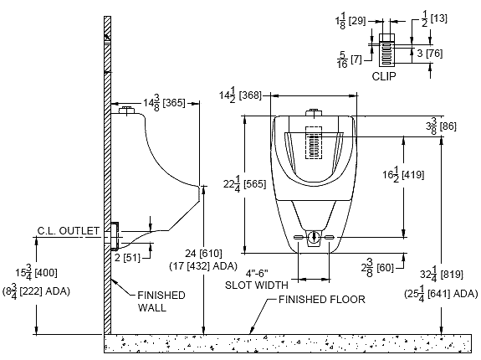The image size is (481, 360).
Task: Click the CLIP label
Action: (384, 76)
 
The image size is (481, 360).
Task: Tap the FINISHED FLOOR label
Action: (322, 299)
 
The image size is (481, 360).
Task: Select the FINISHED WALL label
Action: (161, 301)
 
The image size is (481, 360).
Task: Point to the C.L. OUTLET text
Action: (69, 230)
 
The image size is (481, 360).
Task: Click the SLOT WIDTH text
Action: (257, 285)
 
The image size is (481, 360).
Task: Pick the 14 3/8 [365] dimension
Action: (165, 103)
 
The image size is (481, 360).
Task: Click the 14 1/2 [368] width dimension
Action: (240, 95)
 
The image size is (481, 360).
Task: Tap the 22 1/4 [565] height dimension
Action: (244, 184)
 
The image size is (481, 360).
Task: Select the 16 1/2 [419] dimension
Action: (403, 175)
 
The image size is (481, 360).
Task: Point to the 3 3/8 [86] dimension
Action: (441, 126)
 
